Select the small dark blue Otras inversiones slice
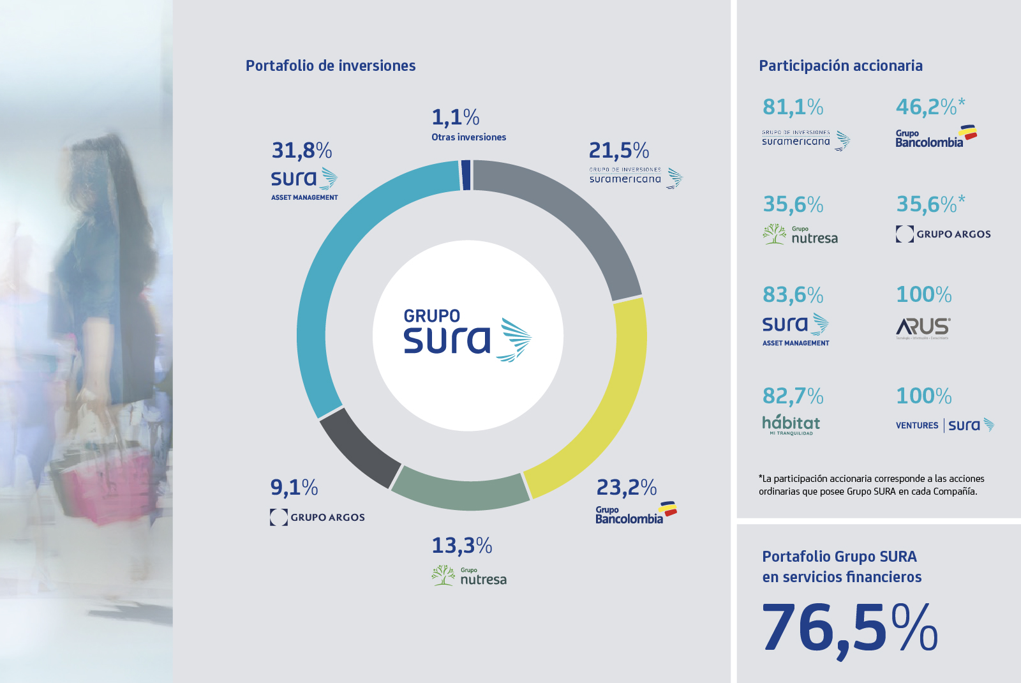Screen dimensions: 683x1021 click(x=466, y=175)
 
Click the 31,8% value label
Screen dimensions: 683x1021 click(x=302, y=151)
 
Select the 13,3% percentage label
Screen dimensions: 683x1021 click(x=462, y=546)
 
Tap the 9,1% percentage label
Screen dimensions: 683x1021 click(x=294, y=488)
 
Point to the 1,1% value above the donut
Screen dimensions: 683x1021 click(x=456, y=117)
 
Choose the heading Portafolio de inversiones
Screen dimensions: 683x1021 click(x=331, y=66)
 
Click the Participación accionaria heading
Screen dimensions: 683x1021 click(x=840, y=66)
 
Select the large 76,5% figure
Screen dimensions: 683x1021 click(x=849, y=629)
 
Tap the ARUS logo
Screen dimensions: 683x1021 click(x=923, y=327)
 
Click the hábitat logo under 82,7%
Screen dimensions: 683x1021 click(x=791, y=424)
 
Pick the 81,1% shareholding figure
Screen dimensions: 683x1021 click(x=793, y=107)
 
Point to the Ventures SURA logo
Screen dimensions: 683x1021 click(x=944, y=425)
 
